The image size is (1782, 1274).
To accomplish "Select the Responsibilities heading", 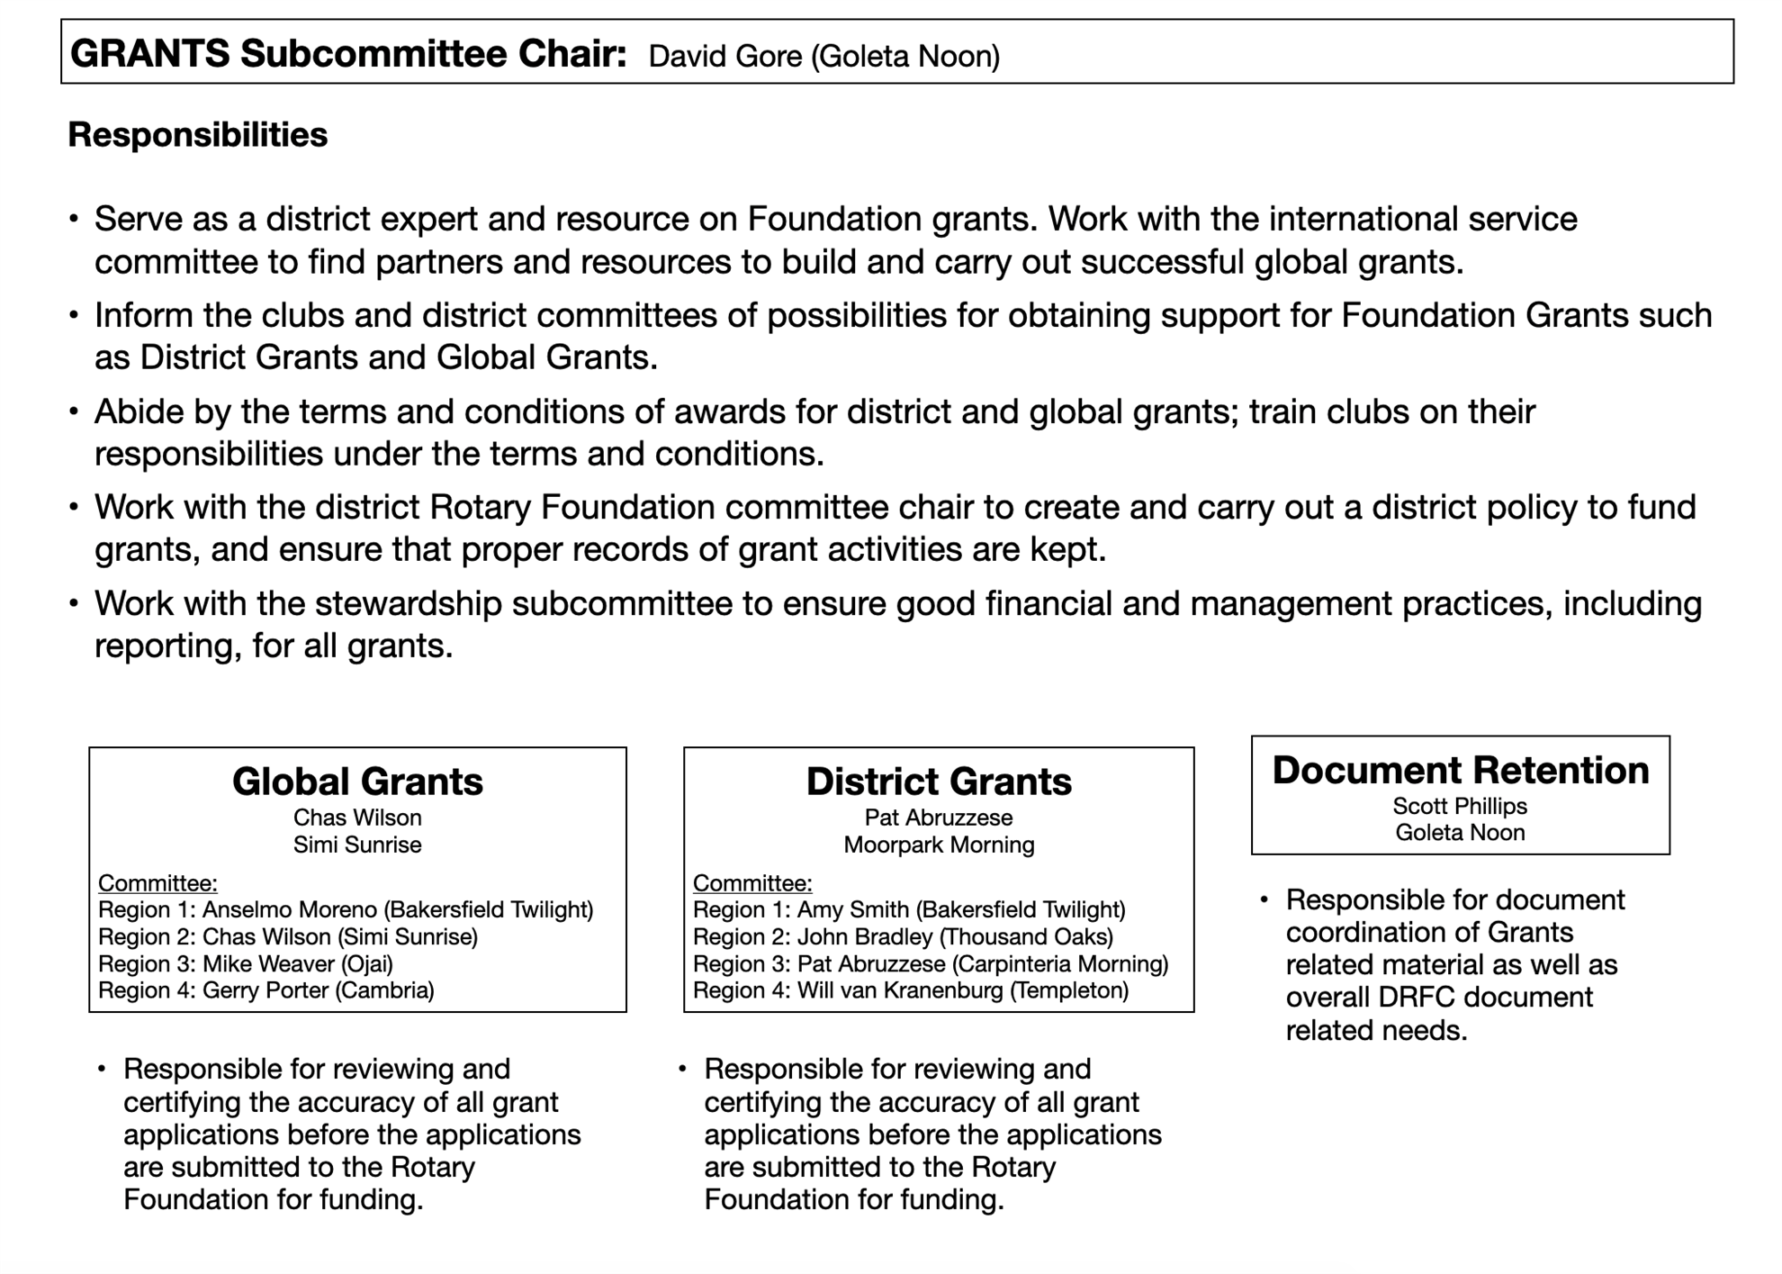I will tap(198, 135).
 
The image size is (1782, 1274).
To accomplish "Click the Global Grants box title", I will tap(357, 782).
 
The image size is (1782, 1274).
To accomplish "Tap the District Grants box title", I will tap(939, 782).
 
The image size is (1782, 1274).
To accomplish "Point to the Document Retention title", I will tap(1460, 771).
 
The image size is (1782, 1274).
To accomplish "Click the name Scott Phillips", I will tap(1460, 806).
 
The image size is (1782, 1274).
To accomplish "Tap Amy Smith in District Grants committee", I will tap(852, 909).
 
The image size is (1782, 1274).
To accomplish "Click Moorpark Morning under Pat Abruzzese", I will tap(939, 845).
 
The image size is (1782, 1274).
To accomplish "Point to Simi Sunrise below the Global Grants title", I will tap(357, 845).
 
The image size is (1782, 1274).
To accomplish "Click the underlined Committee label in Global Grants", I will tap(157, 882).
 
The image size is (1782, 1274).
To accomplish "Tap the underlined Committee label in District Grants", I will tap(752, 882).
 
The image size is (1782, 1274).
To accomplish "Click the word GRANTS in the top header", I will tap(149, 54).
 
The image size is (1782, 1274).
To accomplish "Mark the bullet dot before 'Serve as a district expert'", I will tap(74, 219).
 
